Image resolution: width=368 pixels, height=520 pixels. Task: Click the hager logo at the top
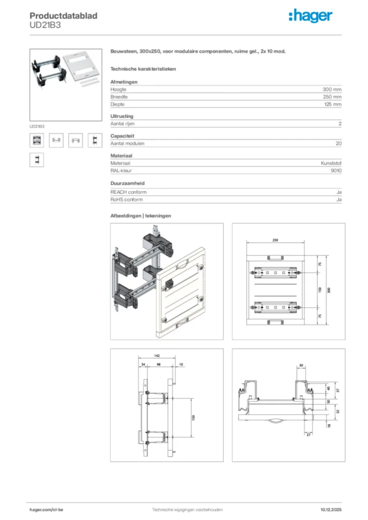[310, 16]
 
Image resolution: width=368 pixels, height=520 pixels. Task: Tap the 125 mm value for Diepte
[332, 104]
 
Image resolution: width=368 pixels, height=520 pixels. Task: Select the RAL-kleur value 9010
[335, 171]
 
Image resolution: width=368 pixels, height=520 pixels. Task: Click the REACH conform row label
[129, 192]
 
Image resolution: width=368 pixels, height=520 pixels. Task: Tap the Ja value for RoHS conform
[339, 200]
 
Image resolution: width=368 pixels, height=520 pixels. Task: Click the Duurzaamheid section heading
[128, 183]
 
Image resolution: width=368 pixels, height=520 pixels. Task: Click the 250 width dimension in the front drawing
[275, 240]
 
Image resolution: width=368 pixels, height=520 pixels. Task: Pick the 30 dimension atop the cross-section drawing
[301, 365]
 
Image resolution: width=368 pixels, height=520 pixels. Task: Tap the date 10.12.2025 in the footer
[331, 509]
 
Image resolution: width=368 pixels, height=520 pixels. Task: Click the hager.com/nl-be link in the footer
[46, 509]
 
